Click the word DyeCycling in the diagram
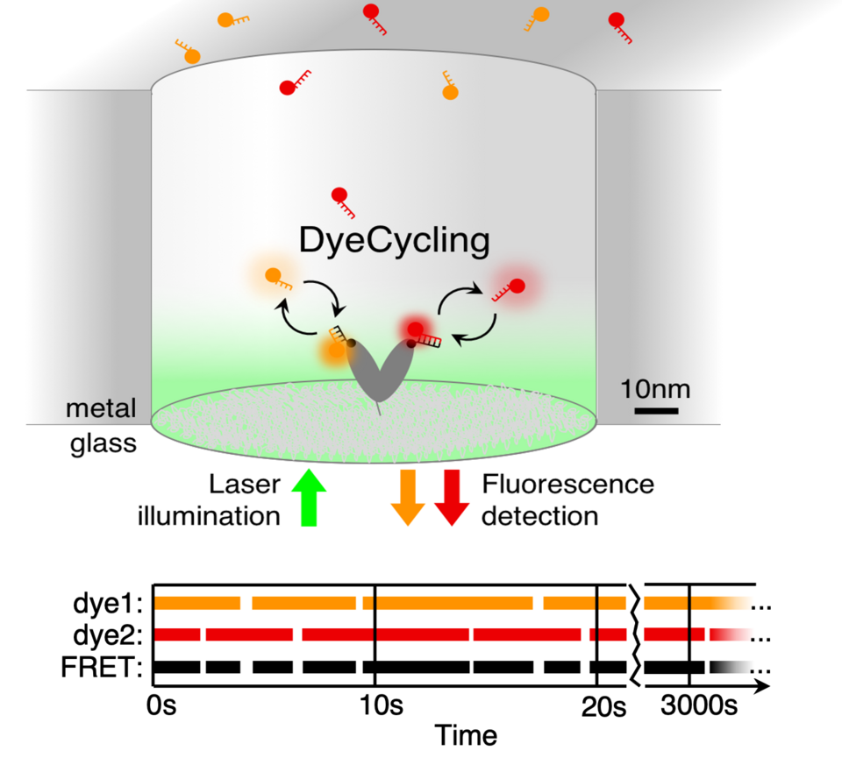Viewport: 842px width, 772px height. pyautogui.click(x=394, y=239)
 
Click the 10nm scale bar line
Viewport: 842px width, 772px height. pyautogui.click(x=656, y=410)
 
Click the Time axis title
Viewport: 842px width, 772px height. pyautogui.click(x=467, y=734)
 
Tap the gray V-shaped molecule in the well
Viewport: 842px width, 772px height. pyautogui.click(x=380, y=368)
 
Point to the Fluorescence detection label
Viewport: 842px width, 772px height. pyautogui.click(x=567, y=499)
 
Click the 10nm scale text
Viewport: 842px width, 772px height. pyautogui.click(x=656, y=387)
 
